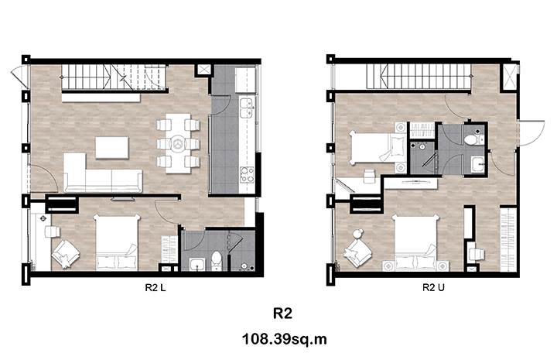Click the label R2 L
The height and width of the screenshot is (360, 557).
155,287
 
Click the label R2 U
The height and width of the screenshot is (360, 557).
433,287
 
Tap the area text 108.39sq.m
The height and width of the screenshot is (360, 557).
284,339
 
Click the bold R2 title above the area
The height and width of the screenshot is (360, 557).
283,314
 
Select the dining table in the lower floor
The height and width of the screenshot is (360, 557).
178,143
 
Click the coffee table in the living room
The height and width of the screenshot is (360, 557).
111,148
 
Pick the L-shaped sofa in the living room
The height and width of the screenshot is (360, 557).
102,173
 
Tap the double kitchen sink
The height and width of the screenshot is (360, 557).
247,108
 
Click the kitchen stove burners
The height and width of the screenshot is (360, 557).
247,175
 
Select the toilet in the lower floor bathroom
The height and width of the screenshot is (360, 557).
216,260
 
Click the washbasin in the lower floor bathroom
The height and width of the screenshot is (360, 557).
196,264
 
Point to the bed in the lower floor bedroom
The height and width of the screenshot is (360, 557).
117,242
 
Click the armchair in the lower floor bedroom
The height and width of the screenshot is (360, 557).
65,253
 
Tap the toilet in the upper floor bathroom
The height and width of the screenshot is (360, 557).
473,139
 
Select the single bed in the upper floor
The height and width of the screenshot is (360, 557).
378,147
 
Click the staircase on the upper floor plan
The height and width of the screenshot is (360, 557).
420,77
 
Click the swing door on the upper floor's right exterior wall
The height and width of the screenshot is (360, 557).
531,133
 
